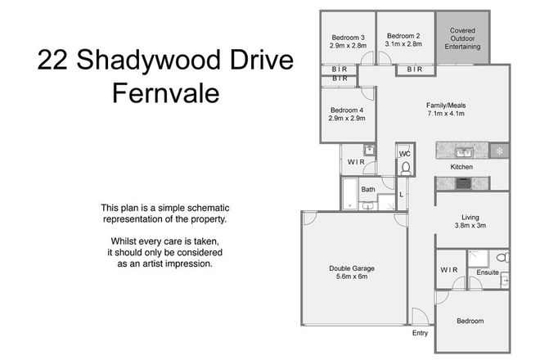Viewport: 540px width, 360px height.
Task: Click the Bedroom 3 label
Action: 347,38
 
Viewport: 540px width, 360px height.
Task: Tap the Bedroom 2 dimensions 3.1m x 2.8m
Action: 403,45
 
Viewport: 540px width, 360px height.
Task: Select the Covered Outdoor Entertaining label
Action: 463,38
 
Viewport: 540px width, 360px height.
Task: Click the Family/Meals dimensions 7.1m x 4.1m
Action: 447,114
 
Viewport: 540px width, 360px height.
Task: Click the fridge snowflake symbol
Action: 500,151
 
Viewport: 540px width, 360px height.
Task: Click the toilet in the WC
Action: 405,169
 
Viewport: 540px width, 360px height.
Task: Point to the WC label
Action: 404,154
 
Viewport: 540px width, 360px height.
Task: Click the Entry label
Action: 421,333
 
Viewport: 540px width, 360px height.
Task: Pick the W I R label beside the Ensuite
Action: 448,269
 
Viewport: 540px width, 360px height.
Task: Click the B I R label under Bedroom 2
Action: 414,70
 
